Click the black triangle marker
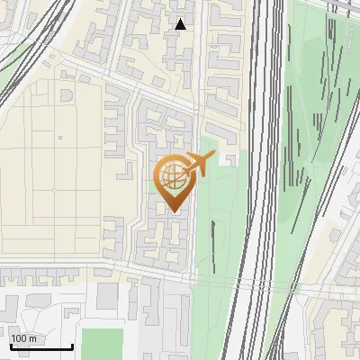pos(181,24)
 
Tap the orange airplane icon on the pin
pos(197,164)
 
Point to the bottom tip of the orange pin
pos(172,212)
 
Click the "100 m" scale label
pos(23,338)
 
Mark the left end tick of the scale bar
pos(10,345)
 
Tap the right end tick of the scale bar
pos(72,345)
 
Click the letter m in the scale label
pos(32,338)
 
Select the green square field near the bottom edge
pos(101,344)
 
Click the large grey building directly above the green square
pos(108,296)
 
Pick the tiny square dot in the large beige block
pos(60,138)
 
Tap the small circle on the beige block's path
pos(53,190)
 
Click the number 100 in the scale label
pos(19,338)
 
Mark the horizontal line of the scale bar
pos(40,347)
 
